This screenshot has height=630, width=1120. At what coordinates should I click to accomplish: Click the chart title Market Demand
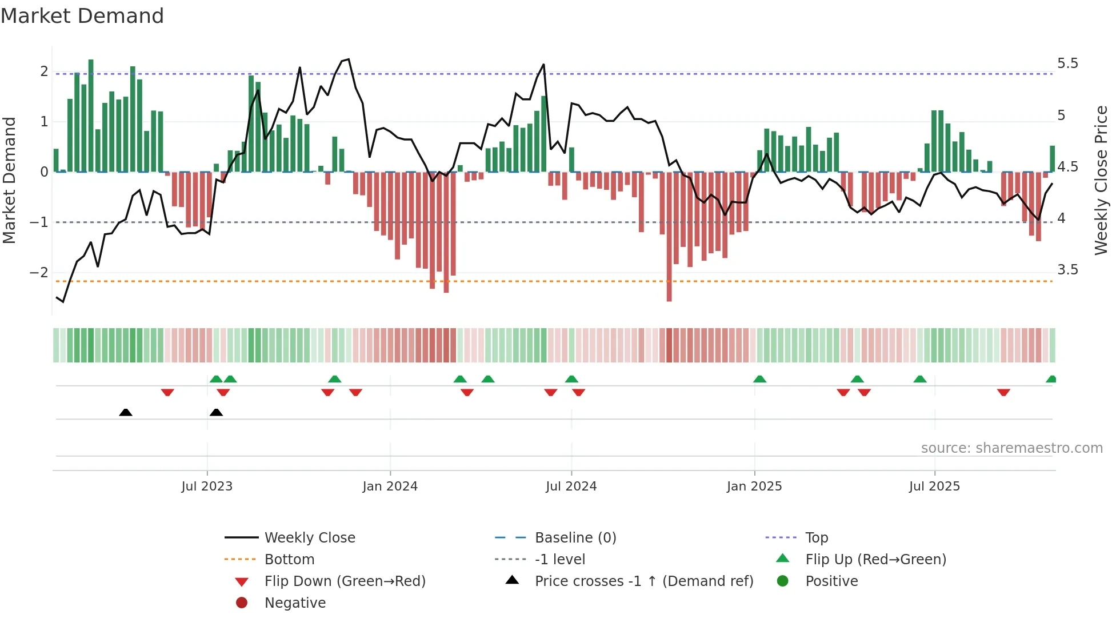pos(82,16)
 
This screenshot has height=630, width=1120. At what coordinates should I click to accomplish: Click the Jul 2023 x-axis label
pos(207,487)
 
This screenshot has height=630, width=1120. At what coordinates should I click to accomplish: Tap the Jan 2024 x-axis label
pos(390,487)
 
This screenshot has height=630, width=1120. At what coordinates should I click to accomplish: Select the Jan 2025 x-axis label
pos(754,487)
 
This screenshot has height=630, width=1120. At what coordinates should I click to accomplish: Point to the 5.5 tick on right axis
pos(1067,63)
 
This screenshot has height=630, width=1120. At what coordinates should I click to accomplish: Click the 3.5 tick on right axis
pos(1067,270)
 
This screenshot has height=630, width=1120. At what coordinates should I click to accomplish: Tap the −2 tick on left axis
pos(39,272)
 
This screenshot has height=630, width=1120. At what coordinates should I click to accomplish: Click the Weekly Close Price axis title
pos(1101,180)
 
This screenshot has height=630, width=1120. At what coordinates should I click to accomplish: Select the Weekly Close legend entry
pos(309,538)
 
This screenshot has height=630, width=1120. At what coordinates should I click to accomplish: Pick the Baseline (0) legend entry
pos(575,538)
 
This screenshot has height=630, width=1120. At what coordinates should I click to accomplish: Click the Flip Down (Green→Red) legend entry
pos(345,581)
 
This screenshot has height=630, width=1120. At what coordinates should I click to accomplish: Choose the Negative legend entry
pos(295,603)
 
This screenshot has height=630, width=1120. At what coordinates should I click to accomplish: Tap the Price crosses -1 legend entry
pos(643,581)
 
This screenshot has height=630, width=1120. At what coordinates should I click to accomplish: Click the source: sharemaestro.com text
pos(1011,448)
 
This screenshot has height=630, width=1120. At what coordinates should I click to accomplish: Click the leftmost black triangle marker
pos(126,412)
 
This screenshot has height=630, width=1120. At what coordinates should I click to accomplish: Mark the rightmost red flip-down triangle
pos(1003,392)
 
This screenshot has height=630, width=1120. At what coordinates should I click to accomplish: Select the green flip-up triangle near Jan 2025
pos(759,379)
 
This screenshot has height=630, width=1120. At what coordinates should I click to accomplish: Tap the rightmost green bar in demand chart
pos(1052,159)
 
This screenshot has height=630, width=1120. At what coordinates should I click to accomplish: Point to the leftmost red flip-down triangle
pos(167,392)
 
